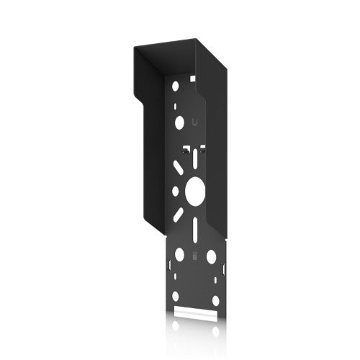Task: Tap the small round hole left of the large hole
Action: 174,192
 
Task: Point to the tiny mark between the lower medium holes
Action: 195,256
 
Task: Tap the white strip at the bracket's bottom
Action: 195,315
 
